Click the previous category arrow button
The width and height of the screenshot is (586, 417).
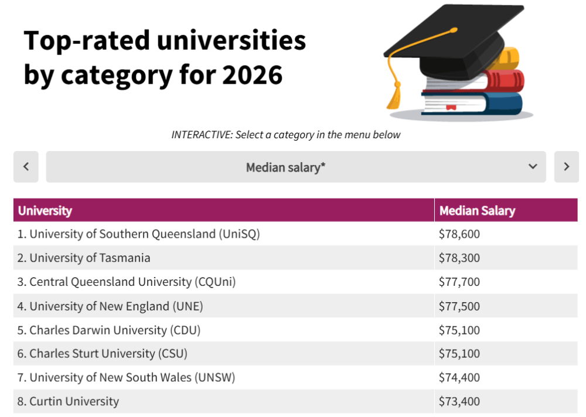(26, 167)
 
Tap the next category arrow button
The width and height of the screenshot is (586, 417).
(566, 167)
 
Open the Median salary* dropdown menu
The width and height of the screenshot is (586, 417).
(296, 167)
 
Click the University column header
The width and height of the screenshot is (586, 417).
(45, 211)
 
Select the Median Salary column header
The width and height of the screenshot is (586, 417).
(477, 211)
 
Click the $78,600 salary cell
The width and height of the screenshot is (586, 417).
(459, 234)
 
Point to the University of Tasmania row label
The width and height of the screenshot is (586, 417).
(90, 258)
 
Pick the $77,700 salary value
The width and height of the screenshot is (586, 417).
(459, 282)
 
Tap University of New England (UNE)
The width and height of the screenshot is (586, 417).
(116, 306)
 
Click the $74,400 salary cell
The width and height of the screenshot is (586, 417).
(459, 378)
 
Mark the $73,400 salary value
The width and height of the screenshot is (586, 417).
(459, 402)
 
